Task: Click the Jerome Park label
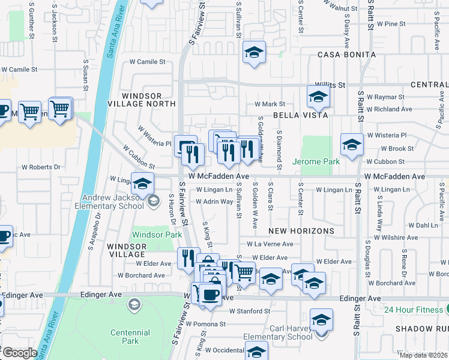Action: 316,161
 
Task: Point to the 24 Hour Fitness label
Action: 414,310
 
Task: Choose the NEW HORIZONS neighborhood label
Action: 301,230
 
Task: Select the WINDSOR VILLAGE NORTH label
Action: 142,100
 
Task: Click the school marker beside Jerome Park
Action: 352,145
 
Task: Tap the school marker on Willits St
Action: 318,96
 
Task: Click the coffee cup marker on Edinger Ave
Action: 209,295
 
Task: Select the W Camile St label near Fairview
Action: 143,62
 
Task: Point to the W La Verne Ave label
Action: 270,244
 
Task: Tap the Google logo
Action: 19,353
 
